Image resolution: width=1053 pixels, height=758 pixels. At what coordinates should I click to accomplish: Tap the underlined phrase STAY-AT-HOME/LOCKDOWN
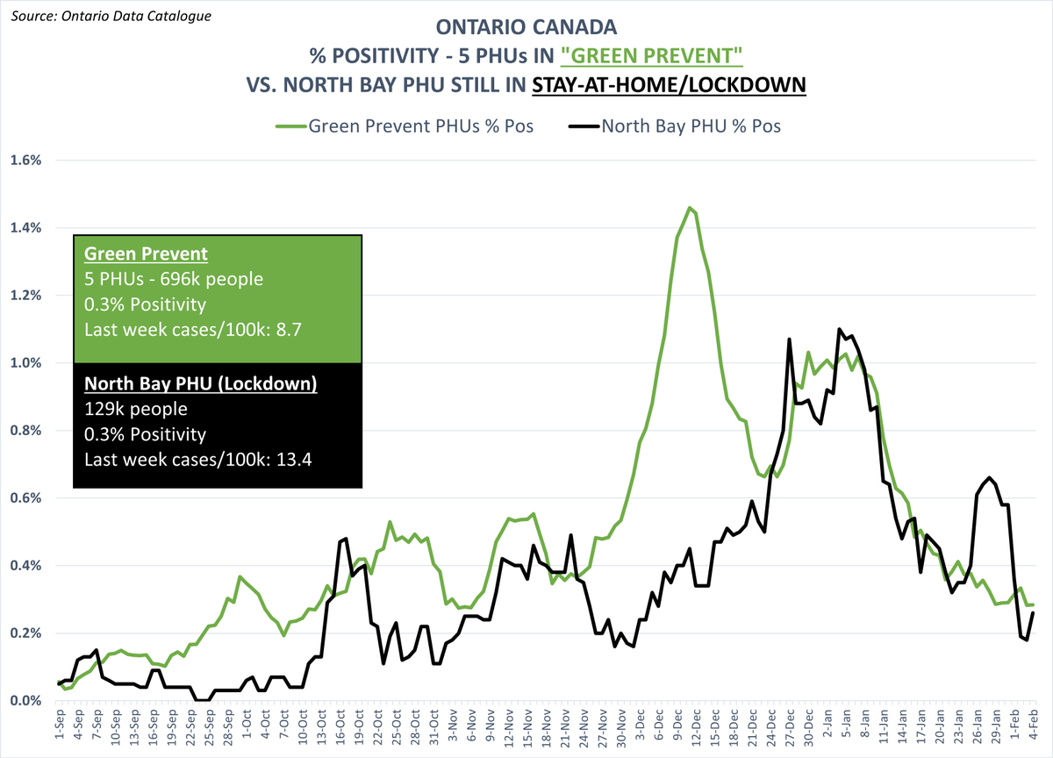(x=670, y=85)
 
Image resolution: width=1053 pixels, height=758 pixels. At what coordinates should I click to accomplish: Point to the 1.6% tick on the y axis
(x=26, y=161)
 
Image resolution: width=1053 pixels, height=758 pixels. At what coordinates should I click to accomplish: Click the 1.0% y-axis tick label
(x=26, y=363)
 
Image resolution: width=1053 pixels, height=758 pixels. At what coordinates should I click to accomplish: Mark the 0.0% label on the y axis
(x=26, y=701)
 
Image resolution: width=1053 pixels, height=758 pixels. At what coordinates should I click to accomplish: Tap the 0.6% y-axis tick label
(x=26, y=498)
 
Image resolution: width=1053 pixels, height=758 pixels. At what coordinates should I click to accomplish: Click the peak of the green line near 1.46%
(x=690, y=208)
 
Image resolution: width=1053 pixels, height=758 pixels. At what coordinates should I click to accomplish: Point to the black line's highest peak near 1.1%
(x=840, y=329)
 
